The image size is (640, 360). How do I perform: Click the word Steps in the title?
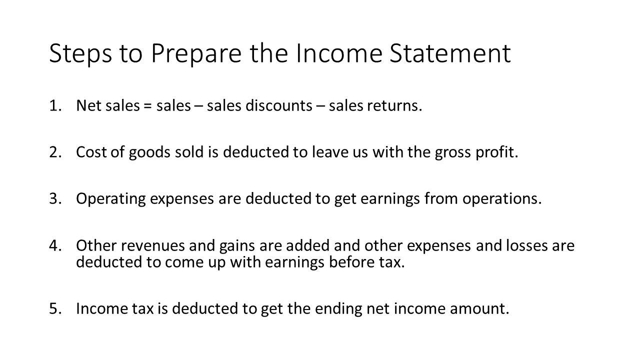80,53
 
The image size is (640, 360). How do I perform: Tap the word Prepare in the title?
196,53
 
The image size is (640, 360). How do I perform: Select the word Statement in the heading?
450,53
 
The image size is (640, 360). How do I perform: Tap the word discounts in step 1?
279,105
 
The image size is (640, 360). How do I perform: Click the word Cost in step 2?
91,152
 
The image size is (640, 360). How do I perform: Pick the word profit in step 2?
497,152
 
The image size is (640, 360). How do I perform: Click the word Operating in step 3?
111,199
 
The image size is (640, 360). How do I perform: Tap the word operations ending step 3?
502,199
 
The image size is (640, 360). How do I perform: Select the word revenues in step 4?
154,245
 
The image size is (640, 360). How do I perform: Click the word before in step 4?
351,261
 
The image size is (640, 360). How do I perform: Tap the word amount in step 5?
479,309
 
